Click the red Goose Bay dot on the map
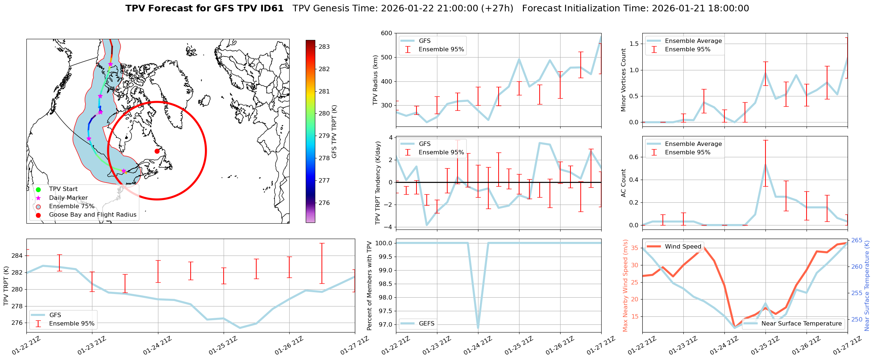click(157, 151)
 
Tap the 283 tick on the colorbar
click(324, 47)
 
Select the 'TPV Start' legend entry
click(63, 189)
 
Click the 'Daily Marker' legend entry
click(68, 198)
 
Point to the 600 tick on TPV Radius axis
click(387, 33)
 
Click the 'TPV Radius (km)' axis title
click(375, 80)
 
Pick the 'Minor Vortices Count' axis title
click(623, 80)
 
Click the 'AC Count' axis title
click(623, 183)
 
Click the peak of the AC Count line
click(765, 165)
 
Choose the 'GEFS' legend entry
click(426, 324)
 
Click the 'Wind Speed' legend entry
click(683, 247)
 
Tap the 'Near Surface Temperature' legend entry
click(801, 324)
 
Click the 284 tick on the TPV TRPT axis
click(18, 256)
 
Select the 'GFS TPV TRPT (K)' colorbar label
click(334, 132)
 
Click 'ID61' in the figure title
click(271, 8)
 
